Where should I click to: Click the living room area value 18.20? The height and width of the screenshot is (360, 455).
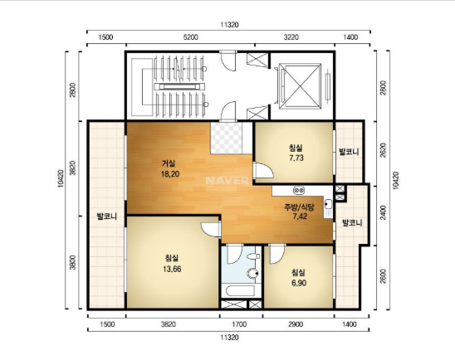[170, 174]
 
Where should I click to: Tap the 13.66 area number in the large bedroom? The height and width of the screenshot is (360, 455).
[172, 269]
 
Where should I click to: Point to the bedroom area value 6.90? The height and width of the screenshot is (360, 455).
[299, 283]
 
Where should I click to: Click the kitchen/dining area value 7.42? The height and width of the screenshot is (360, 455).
[300, 216]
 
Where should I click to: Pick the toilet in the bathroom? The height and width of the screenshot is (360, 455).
[253, 273]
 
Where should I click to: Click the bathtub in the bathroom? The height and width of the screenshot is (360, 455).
[240, 291]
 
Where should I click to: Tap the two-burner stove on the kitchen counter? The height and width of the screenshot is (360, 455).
[299, 191]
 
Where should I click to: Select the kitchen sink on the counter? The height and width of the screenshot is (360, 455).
[328, 204]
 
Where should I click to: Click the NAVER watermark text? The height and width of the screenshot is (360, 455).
[227, 181]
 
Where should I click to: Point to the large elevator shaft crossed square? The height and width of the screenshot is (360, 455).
[300, 86]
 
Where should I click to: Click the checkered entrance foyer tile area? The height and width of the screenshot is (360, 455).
[227, 138]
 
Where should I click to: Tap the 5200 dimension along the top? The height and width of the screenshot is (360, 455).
[191, 37]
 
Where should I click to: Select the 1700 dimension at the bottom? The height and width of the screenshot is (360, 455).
[239, 324]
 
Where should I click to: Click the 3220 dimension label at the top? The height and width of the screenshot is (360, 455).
[291, 37]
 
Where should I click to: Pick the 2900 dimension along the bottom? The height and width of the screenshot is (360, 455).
[296, 324]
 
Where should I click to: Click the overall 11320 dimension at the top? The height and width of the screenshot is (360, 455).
[229, 25]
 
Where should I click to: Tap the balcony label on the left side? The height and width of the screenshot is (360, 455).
[107, 216]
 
